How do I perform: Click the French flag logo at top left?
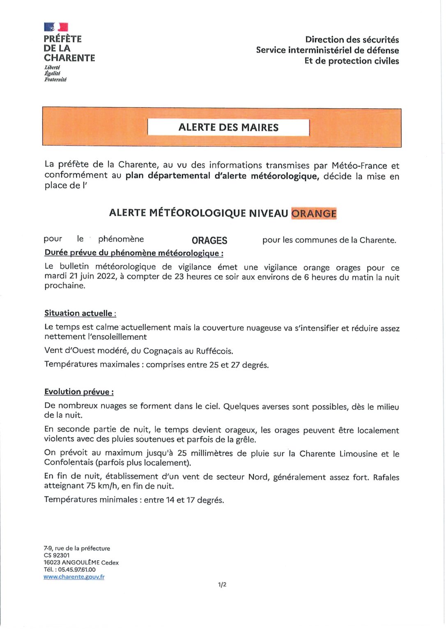click(56, 27)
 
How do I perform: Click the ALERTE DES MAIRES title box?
click(228, 127)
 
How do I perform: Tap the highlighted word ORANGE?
click(314, 213)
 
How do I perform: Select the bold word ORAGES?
click(209, 240)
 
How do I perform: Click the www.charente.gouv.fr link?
click(74, 577)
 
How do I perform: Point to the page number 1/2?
click(222, 584)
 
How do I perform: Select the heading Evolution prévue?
click(79, 392)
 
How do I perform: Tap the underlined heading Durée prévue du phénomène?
click(134, 253)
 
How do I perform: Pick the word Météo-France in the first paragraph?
click(359, 166)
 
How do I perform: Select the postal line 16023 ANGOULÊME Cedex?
click(81, 563)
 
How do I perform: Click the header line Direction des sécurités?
click(352, 40)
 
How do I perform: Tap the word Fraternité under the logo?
click(55, 80)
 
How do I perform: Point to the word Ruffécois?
click(214, 351)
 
